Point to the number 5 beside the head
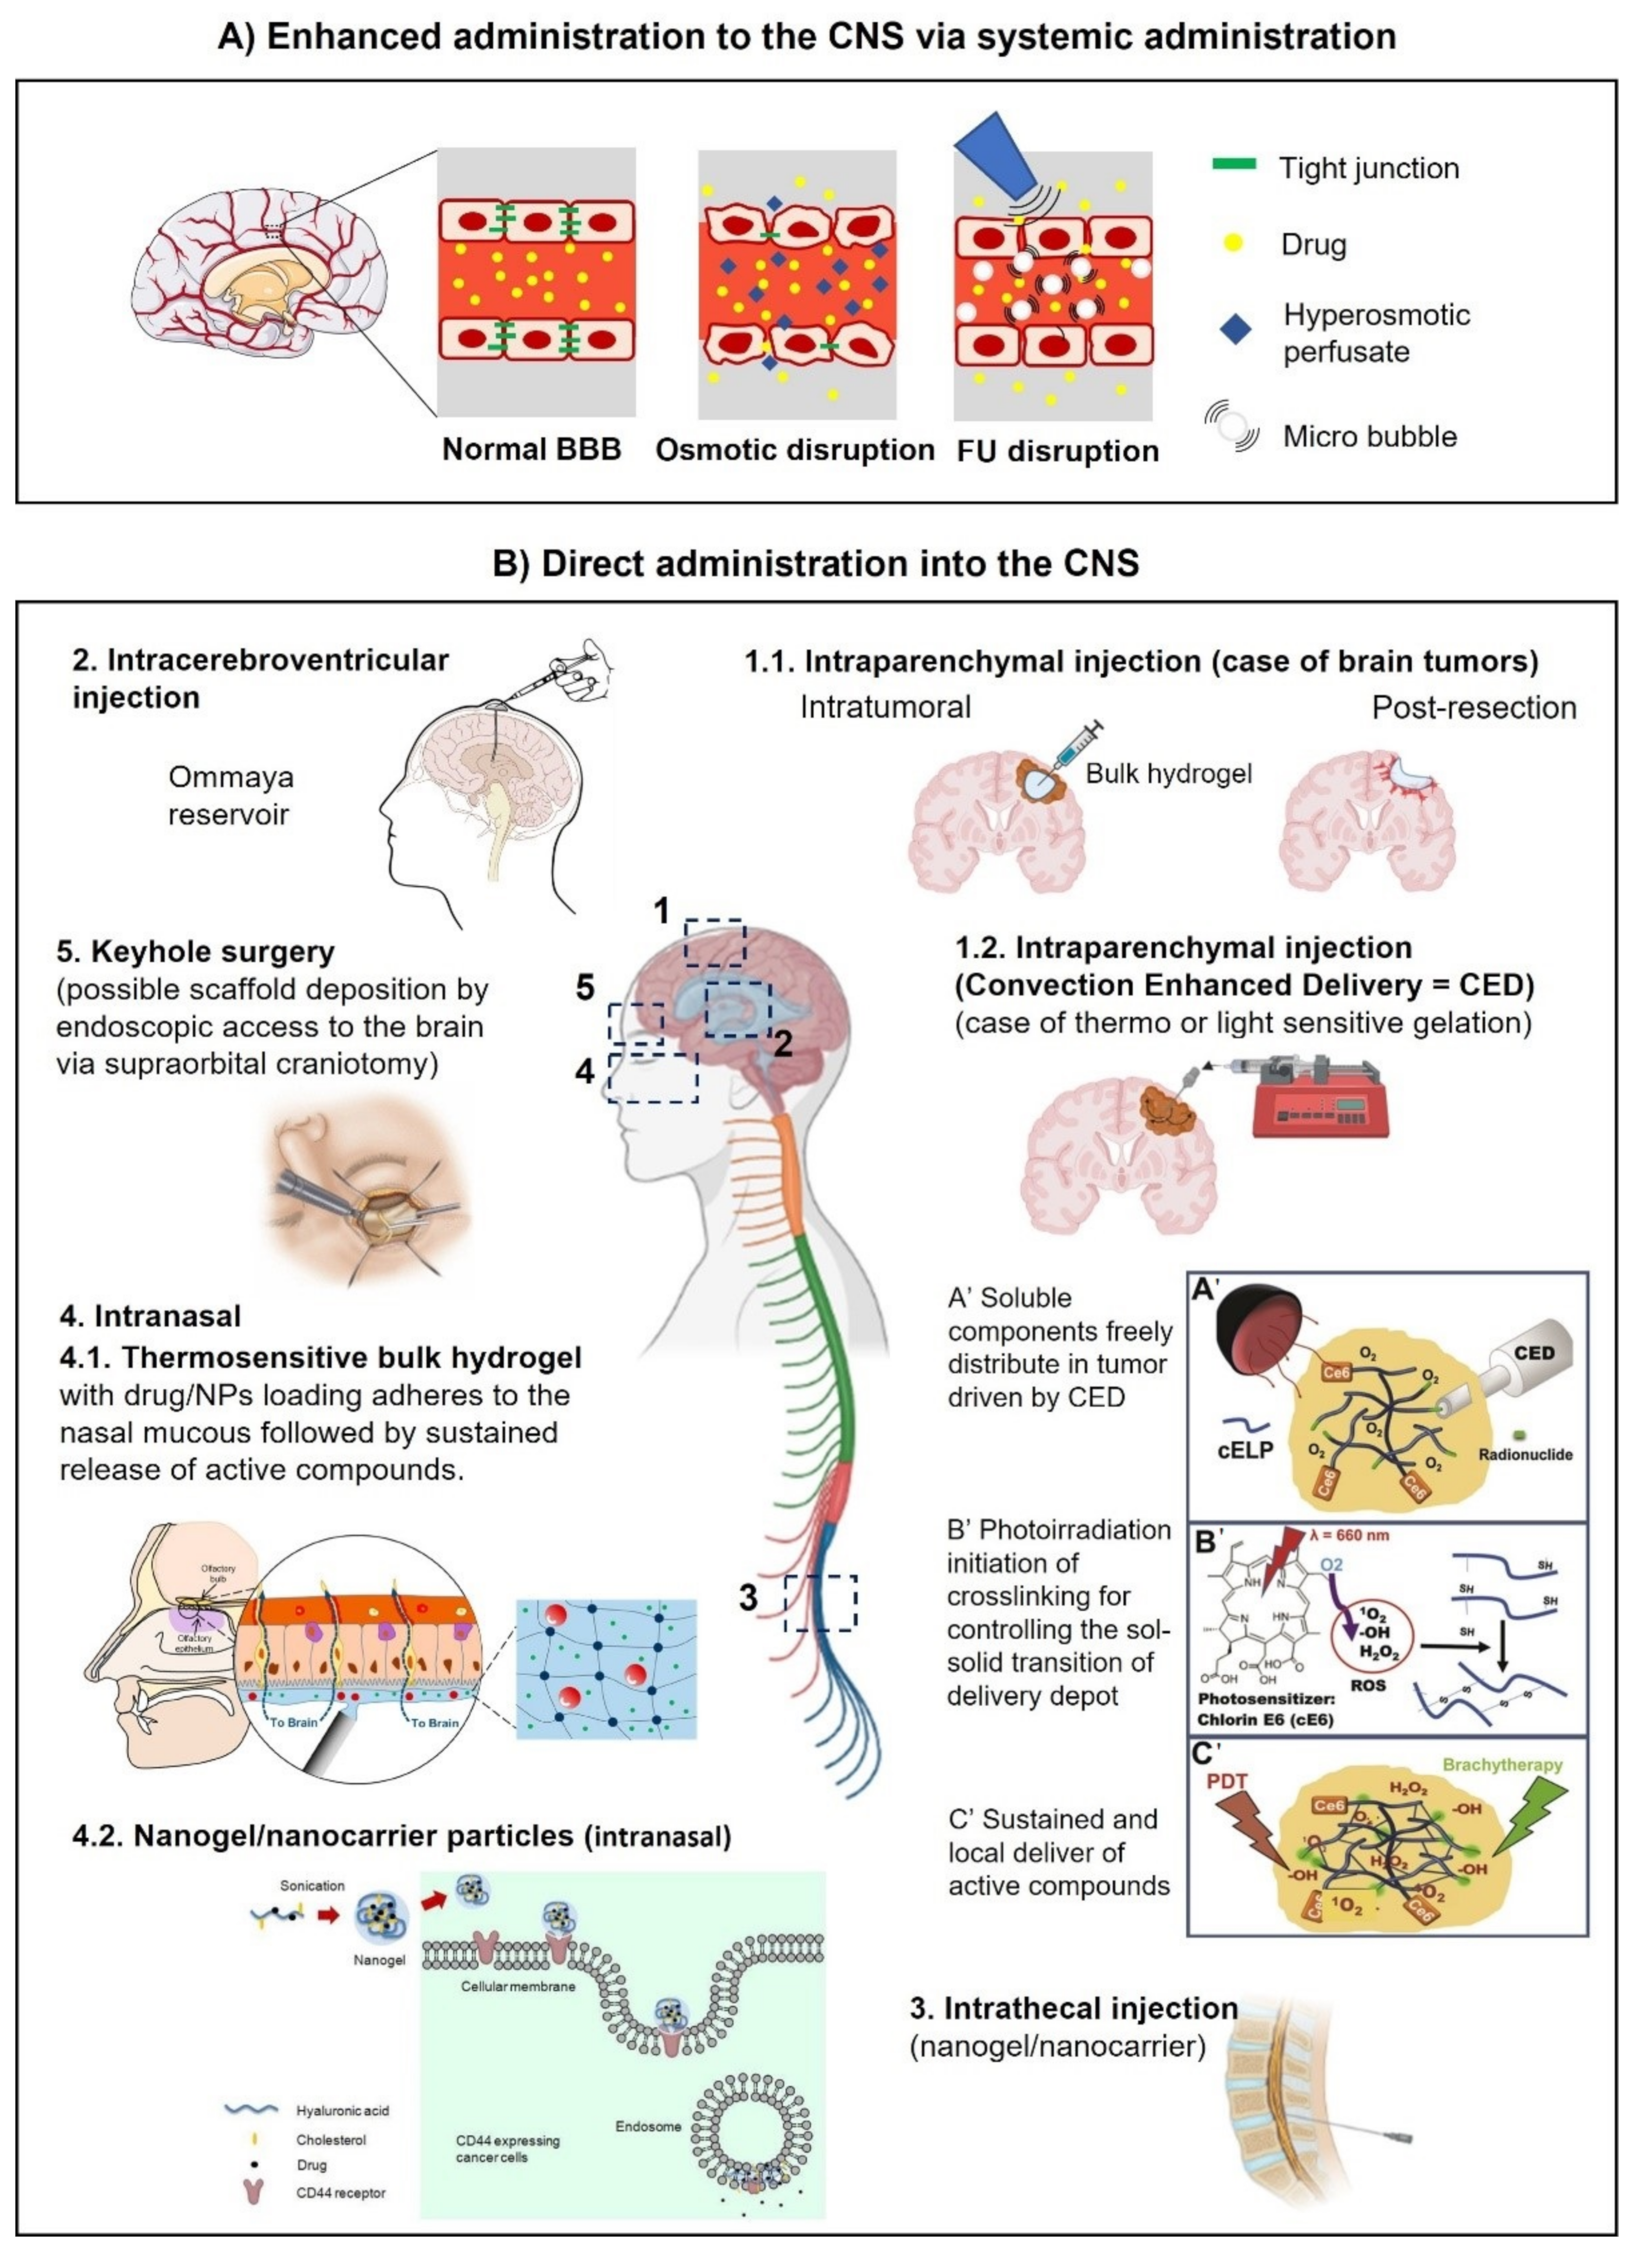(585, 987)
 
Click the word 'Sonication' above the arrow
(312, 1885)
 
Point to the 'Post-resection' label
(1473, 708)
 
